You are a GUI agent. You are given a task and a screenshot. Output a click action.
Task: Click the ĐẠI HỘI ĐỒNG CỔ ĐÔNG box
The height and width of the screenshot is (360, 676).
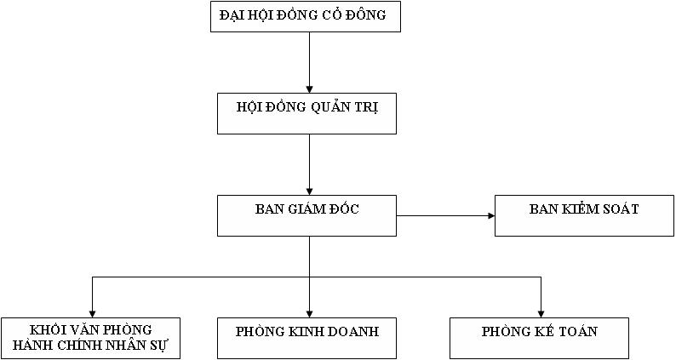tap(305, 17)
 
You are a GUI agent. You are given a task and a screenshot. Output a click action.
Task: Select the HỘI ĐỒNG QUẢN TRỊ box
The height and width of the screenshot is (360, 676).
tap(306, 114)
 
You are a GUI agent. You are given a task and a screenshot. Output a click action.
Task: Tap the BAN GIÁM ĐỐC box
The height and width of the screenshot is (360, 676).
tap(306, 215)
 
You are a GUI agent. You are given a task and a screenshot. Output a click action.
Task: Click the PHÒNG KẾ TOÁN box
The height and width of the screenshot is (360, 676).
tap(540, 338)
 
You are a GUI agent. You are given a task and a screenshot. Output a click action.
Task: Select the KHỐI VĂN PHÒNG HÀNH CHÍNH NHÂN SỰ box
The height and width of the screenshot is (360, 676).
tap(90, 338)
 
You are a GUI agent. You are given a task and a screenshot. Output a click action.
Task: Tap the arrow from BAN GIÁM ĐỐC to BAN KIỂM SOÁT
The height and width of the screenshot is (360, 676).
tap(444, 215)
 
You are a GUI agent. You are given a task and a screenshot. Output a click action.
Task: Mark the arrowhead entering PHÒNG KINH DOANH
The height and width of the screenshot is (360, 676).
tap(309, 311)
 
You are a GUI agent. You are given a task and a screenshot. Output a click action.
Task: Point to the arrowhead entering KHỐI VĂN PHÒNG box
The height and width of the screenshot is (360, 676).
tap(91, 311)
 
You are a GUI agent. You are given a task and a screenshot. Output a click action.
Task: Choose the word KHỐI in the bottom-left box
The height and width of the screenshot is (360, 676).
tap(48, 330)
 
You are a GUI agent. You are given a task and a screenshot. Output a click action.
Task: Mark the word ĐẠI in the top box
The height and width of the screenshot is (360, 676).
tap(233, 14)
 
